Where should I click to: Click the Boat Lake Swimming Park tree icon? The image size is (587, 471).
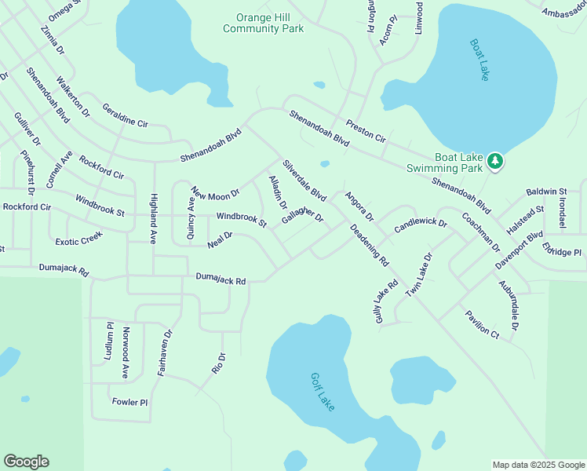pos(494,162)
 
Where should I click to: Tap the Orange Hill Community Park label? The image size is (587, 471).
pos(263,23)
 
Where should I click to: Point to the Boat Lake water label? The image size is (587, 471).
pos(479,60)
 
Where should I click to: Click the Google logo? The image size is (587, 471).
pos(26,462)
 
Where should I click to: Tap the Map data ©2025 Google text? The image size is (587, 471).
pos(538,465)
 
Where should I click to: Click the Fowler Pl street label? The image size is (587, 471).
pos(129,402)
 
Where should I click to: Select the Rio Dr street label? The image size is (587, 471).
pos(220,363)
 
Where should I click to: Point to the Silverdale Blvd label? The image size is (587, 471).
pos(304,181)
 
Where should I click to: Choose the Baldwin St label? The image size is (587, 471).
pos(546,192)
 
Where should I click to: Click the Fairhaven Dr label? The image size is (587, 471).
pos(164,352)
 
